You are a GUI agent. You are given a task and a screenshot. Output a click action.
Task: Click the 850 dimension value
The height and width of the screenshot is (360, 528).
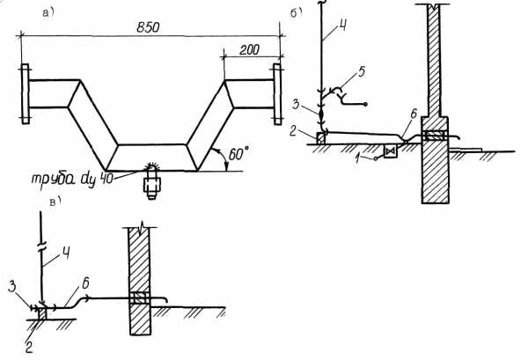point(148,27)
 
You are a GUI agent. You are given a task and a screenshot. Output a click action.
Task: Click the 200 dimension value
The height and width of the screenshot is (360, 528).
point(250,50)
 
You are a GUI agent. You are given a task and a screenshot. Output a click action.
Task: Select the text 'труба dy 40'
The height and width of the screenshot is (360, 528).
point(72,179)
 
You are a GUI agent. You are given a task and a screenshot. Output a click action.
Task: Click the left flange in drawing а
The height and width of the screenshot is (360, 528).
point(26,94)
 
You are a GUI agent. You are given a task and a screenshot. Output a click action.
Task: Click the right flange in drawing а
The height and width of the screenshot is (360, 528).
point(277,94)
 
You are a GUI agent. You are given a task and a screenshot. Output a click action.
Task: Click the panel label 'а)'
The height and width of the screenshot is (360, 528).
point(48,13)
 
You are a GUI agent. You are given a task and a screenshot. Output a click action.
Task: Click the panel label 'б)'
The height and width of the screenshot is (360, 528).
point(296,13)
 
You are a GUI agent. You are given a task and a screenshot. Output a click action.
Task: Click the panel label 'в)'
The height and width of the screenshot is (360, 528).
point(55,201)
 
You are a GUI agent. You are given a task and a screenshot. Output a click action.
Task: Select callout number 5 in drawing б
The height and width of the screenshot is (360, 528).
point(361,72)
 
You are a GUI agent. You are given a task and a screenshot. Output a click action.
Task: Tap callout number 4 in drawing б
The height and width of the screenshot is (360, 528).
point(341,26)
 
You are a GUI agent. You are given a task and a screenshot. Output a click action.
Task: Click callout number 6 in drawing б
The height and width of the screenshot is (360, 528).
point(414,114)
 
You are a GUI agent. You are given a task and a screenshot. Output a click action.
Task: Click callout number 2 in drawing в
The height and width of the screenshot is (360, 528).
point(29,348)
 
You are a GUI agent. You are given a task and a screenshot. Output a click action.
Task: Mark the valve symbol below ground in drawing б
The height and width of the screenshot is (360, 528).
point(391,152)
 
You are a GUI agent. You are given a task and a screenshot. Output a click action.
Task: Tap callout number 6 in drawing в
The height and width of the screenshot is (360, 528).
point(85,283)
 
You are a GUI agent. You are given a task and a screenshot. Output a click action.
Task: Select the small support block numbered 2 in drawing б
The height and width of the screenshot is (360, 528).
point(321,138)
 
